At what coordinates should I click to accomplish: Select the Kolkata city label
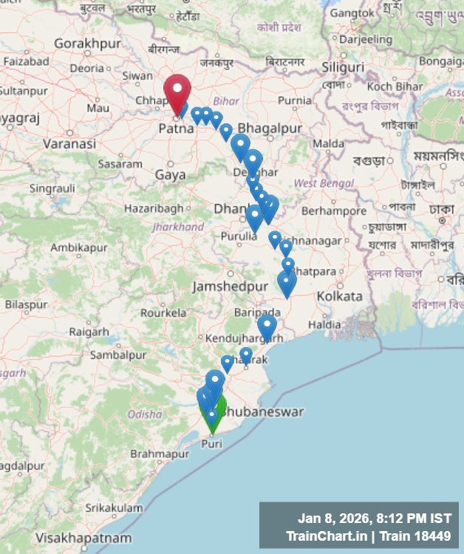point(339,296)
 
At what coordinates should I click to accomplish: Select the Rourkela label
point(163,312)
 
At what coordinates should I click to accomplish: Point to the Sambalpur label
point(117,355)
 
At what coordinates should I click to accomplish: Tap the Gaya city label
point(170,175)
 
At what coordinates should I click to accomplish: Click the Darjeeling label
point(365,39)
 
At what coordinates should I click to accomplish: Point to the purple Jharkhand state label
point(177,227)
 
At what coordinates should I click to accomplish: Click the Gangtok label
point(358,13)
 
